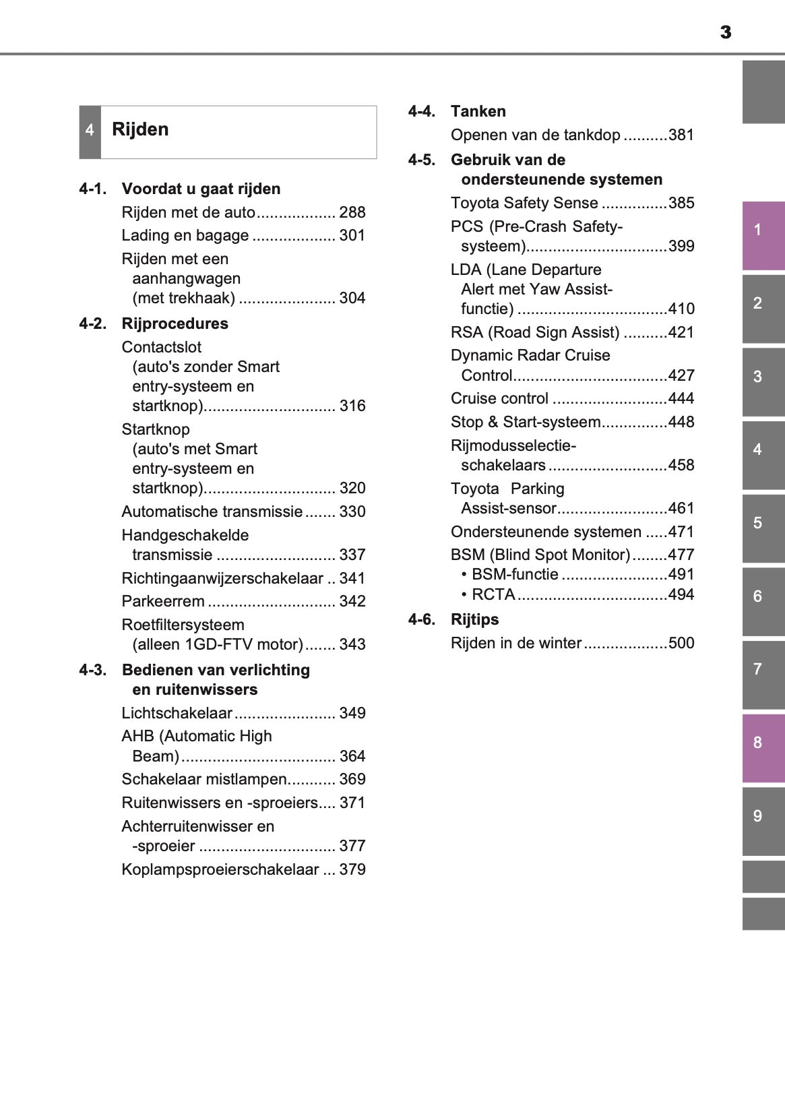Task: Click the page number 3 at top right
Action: pyautogui.click(x=725, y=32)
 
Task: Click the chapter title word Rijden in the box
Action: pyautogui.click(x=140, y=129)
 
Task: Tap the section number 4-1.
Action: pyautogui.click(x=93, y=189)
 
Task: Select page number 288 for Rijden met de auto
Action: pyautogui.click(x=352, y=213)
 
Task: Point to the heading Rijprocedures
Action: pyautogui.click(x=175, y=324)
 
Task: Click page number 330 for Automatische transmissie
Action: pyautogui.click(x=352, y=512)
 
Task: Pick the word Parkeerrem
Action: pyautogui.click(x=163, y=602)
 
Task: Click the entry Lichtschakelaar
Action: pyautogui.click(x=177, y=714)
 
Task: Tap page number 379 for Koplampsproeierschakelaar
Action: pyautogui.click(x=352, y=870)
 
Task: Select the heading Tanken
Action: pyautogui.click(x=478, y=112)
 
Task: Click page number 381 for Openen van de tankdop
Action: pyautogui.click(x=681, y=135)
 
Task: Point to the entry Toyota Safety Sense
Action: pyautogui.click(x=524, y=204)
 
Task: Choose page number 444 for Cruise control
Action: pyautogui.click(x=681, y=399)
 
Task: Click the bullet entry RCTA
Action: pyautogui.click(x=493, y=595)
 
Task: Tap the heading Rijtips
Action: pyautogui.click(x=474, y=620)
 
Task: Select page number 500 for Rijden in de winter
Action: pyautogui.click(x=681, y=644)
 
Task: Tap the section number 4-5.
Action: pyautogui.click(x=422, y=160)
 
